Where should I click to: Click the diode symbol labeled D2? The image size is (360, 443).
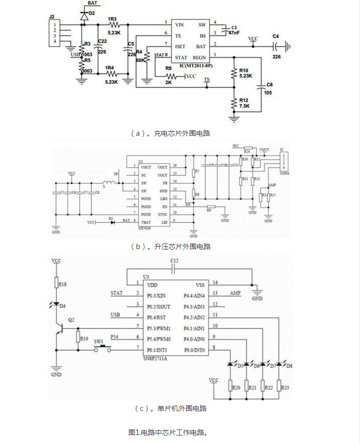tap(83, 15)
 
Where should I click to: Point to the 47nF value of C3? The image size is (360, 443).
tap(233, 33)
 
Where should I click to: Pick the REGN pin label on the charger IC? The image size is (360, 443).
tap(199, 58)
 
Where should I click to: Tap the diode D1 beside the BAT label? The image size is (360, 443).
tap(111, 220)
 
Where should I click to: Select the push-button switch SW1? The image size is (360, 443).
tap(104, 348)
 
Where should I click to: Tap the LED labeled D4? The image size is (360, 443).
tap(56, 305)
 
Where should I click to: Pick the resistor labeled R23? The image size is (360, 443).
tap(284, 387)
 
